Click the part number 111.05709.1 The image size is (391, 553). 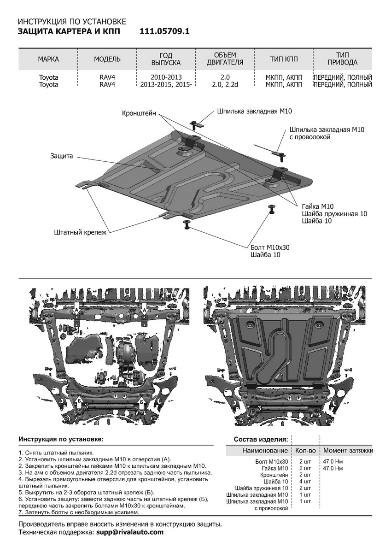click(164, 31)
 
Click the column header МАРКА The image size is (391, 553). click(48, 59)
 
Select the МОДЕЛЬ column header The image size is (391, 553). click(107, 59)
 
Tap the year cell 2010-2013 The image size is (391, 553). click(166, 77)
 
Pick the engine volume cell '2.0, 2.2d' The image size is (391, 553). click(225, 85)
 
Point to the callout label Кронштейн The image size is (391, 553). click(139, 112)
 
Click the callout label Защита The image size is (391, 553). click(62, 156)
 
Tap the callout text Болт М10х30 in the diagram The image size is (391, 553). click(270, 247)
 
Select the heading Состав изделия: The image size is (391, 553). click(261, 439)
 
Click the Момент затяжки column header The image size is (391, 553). click(348, 450)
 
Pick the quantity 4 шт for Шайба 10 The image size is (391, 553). click(305, 482)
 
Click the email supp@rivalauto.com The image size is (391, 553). click(130, 532)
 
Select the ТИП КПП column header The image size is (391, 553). click(284, 59)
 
